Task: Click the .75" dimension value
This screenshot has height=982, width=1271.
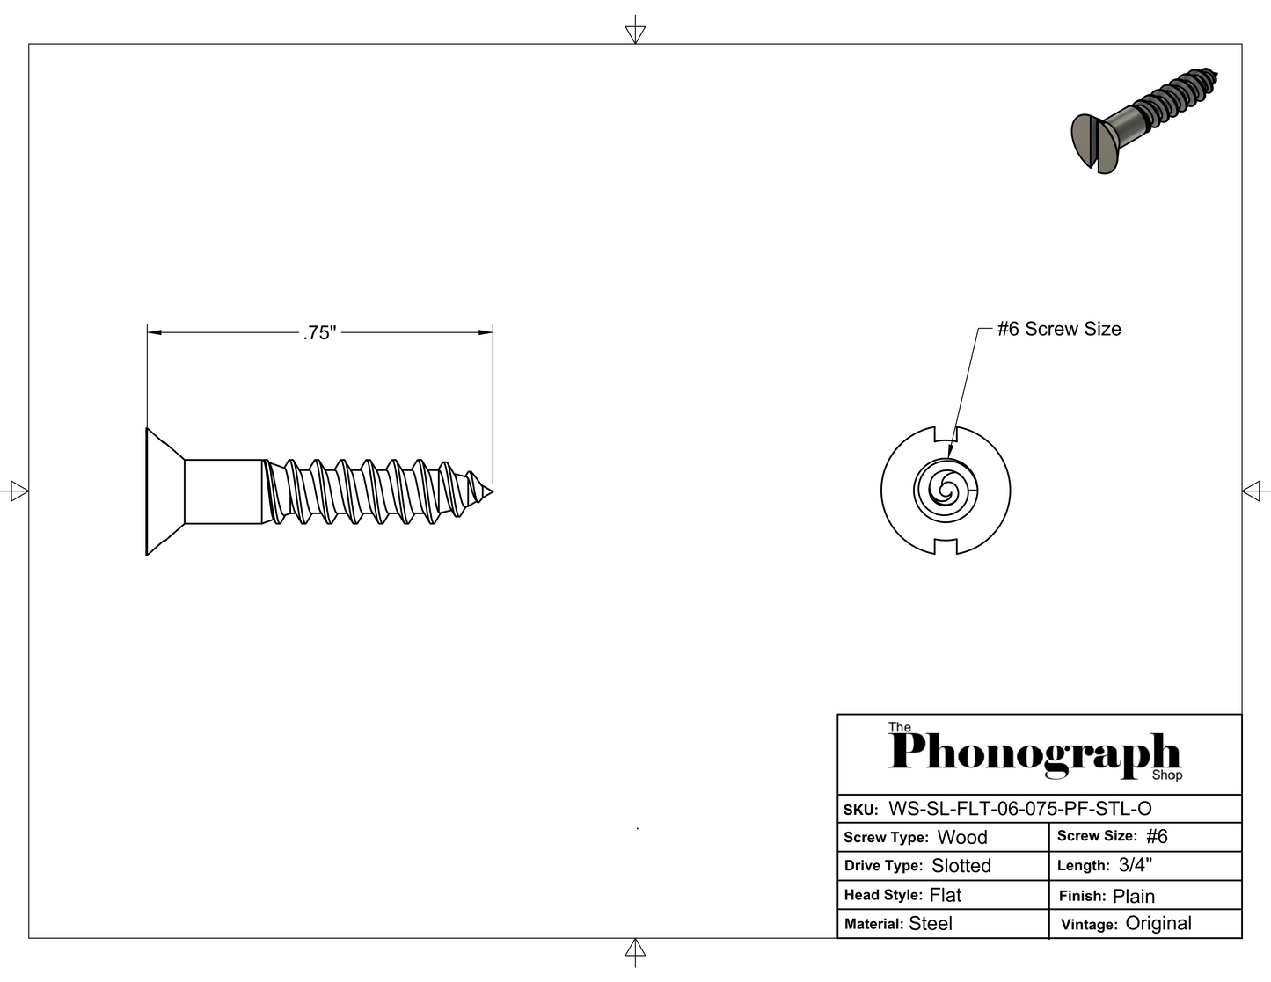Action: click(320, 333)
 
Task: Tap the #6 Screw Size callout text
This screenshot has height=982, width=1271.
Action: click(1059, 329)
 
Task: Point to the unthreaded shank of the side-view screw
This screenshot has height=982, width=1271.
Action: click(223, 491)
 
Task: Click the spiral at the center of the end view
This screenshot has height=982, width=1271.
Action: click(946, 490)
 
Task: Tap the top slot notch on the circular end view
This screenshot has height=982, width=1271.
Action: click(946, 433)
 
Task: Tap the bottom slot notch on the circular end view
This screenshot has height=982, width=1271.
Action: click(946, 547)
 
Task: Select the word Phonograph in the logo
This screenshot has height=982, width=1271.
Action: click(1034, 754)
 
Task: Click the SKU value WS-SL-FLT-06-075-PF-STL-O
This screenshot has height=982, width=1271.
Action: click(1020, 809)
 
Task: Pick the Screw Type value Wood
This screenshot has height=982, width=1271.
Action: click(962, 837)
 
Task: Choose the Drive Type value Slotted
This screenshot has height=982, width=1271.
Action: click(961, 866)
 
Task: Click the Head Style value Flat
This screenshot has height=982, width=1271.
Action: click(946, 895)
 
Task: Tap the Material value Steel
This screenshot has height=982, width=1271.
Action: click(931, 923)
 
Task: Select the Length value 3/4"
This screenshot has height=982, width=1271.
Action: click(1136, 865)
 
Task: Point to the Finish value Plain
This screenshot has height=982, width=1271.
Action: click(1134, 896)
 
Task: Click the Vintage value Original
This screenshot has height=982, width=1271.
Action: click(1158, 923)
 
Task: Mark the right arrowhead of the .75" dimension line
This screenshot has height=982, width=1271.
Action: click(486, 332)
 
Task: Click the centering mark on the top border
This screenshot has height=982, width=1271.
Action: click(635, 33)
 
